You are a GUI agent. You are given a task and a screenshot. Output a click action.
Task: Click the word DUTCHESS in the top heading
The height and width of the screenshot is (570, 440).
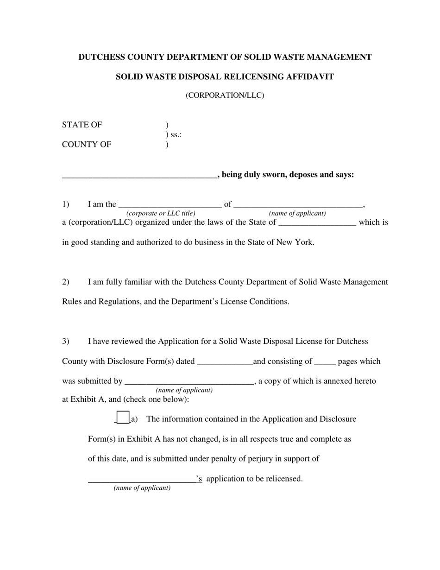pyautogui.click(x=100, y=57)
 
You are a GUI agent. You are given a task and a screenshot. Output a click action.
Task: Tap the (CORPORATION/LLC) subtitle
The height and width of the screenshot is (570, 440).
pyautogui.click(x=225, y=95)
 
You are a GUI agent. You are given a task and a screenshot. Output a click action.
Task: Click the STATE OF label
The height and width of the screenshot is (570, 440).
pyautogui.click(x=82, y=125)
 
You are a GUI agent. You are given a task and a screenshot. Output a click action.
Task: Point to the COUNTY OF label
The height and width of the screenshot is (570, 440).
pyautogui.click(x=87, y=145)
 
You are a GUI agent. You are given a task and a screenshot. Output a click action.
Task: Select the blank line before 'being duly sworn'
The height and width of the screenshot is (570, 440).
pyautogui.click(x=139, y=175)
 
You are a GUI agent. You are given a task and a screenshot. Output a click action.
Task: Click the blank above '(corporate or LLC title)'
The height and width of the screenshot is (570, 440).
pyautogui.click(x=170, y=205)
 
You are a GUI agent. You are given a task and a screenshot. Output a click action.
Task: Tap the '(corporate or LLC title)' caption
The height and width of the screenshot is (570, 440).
pyautogui.click(x=161, y=214)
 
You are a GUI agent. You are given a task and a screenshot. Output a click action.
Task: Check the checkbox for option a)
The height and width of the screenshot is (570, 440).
pyautogui.click(x=123, y=418)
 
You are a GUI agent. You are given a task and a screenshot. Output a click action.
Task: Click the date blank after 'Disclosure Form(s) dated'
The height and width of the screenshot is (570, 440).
pyautogui.click(x=225, y=362)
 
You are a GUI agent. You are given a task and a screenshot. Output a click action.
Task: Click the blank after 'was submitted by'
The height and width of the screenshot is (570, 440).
pyautogui.click(x=189, y=382)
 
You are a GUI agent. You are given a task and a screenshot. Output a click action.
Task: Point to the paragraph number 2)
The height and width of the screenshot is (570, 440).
pyautogui.click(x=66, y=282)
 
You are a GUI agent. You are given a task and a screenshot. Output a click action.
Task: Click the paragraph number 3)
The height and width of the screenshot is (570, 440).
pyautogui.click(x=66, y=342)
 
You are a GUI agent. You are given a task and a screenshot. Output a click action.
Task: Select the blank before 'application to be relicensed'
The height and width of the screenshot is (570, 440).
pyautogui.click(x=142, y=480)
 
